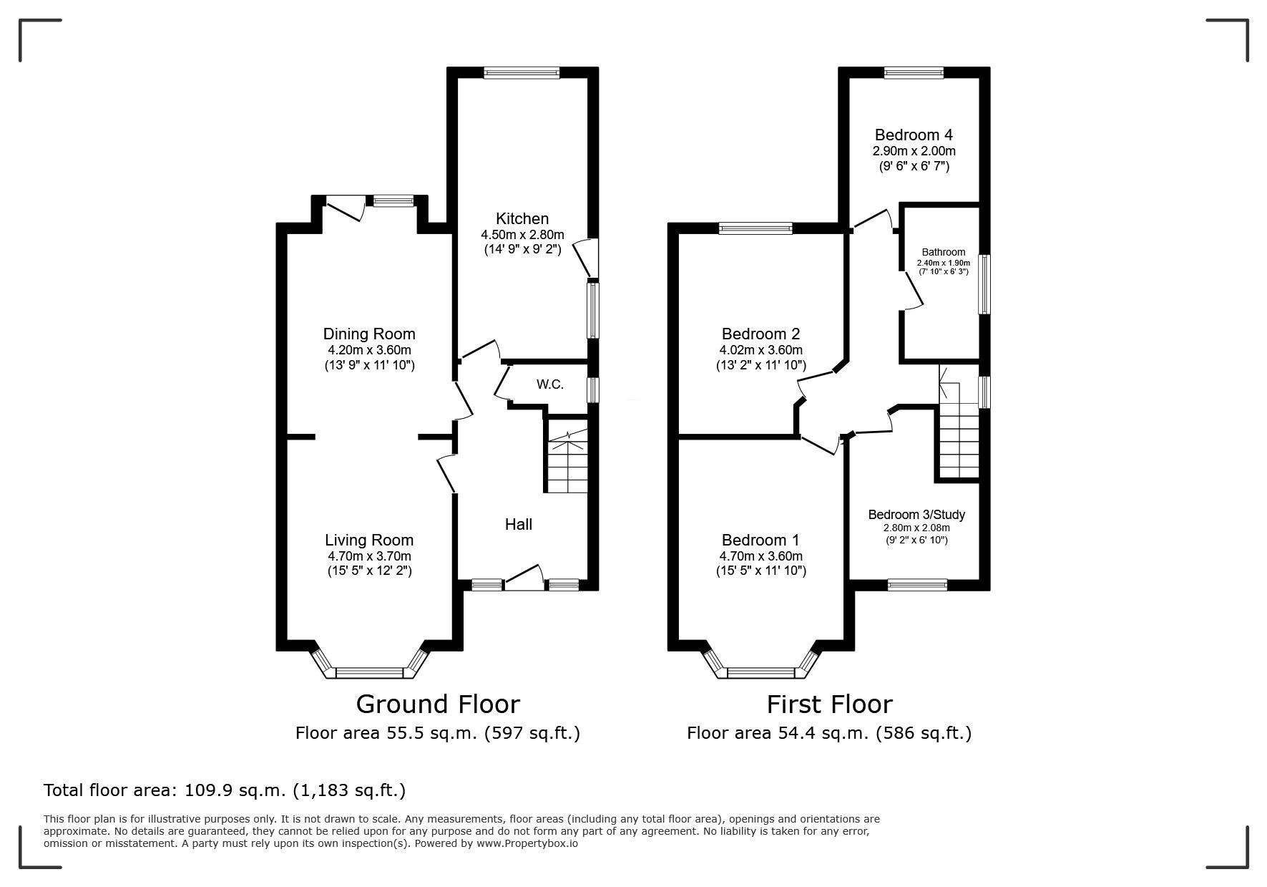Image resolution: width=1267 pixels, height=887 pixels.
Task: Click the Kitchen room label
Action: [x=522, y=219]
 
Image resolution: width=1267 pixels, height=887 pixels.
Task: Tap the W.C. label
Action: [x=550, y=384]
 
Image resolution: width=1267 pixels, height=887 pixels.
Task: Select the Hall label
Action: [x=519, y=525]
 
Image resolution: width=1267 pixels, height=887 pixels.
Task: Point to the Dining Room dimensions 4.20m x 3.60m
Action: [x=369, y=350]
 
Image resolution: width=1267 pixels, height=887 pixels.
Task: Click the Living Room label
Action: [x=369, y=541]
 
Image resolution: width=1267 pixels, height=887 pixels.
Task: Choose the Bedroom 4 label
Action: [x=914, y=135]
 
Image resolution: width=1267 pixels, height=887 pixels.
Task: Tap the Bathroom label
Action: [x=944, y=252]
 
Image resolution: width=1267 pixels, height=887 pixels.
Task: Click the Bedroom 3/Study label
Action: [x=916, y=515]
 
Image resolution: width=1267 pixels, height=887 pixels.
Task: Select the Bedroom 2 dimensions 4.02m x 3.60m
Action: [x=760, y=350]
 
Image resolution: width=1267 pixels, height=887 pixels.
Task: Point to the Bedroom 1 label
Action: [x=760, y=541]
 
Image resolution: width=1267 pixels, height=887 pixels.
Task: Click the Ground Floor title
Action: [x=438, y=704]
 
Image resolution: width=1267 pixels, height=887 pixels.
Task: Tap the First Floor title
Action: [x=830, y=704]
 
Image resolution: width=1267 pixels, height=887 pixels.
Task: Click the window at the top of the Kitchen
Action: [x=521, y=72]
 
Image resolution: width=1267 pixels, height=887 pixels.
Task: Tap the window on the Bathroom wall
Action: [x=984, y=283]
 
